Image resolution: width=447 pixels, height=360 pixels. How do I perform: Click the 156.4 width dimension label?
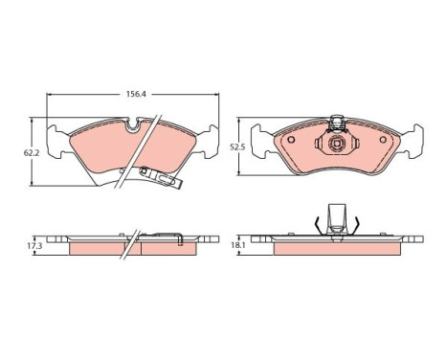tap(136, 94)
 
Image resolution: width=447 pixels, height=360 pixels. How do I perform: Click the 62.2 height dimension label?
tap(32, 153)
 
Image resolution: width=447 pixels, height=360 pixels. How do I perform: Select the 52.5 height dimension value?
tap(237, 147)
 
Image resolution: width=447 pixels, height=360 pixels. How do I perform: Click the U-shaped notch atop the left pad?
tap(132, 125)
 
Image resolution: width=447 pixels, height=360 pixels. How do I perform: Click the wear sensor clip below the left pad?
tap(161, 177)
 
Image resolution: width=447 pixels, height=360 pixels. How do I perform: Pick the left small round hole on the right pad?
tap(291, 140)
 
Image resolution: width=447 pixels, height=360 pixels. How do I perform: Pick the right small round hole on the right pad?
tap(383, 140)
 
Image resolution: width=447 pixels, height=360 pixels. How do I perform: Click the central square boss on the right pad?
tap(337, 144)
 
